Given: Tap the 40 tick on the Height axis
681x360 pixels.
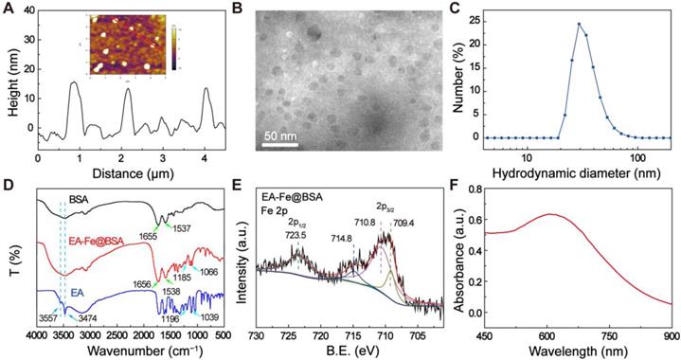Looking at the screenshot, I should tap(26, 12).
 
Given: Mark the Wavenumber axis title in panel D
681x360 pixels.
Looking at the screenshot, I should tap(130, 350).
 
